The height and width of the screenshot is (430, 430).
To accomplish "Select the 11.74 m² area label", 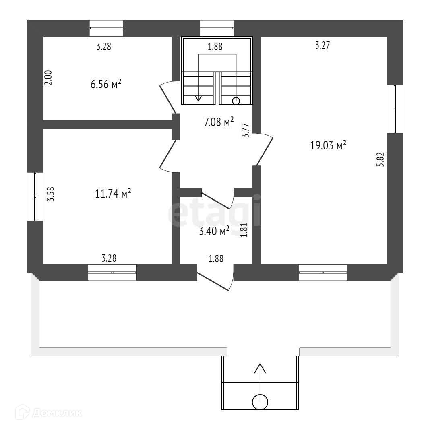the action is [113, 194].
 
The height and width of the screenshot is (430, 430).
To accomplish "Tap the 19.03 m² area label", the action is [328, 145].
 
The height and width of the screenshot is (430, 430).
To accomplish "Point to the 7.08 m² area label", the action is [219, 122].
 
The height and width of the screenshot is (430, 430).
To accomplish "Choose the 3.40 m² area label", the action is [214, 231].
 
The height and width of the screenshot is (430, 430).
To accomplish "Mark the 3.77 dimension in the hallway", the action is [246, 131].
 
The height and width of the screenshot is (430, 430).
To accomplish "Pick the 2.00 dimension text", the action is [48, 78].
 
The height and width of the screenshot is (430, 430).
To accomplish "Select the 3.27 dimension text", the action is [322, 46].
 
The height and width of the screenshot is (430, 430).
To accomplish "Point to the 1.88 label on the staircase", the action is [215, 47].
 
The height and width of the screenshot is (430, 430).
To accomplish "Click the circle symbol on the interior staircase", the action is [237, 101].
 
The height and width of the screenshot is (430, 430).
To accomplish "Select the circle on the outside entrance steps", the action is [260, 401].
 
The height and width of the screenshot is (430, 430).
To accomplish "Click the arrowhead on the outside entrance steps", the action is [260, 368].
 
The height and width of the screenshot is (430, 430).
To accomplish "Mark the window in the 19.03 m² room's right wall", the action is [395, 109].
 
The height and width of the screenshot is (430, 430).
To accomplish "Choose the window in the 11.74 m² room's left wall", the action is [35, 196].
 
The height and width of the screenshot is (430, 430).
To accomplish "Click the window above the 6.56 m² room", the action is [106, 28].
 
